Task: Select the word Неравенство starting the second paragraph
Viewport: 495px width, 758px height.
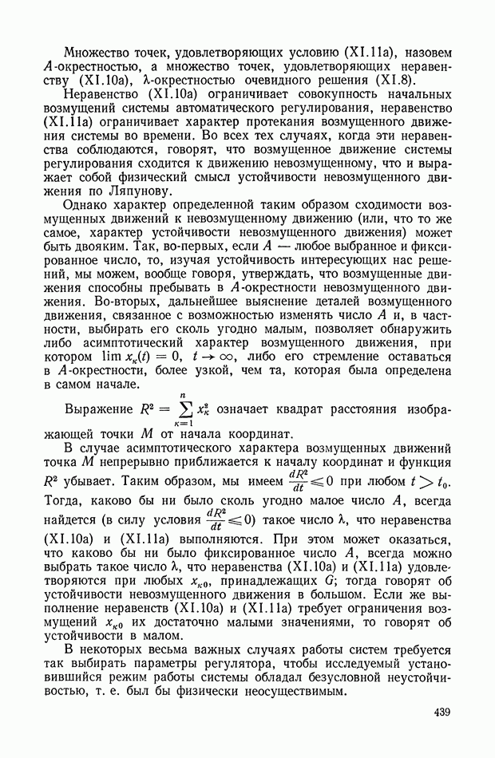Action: coord(101,93)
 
